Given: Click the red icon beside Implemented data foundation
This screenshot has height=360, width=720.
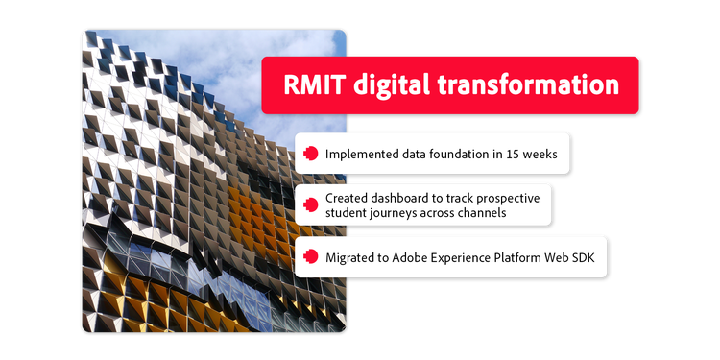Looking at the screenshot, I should pos(310,153).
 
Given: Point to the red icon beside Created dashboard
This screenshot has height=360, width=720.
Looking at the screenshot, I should pos(310,204).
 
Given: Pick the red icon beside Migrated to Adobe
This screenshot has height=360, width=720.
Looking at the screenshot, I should pos(310,256).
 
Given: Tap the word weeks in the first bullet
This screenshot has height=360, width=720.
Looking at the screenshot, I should pos(536,153).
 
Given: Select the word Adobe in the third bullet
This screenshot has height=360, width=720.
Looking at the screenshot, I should pos(416,256).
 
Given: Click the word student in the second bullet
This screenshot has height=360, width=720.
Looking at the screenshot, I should pos(346,212).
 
